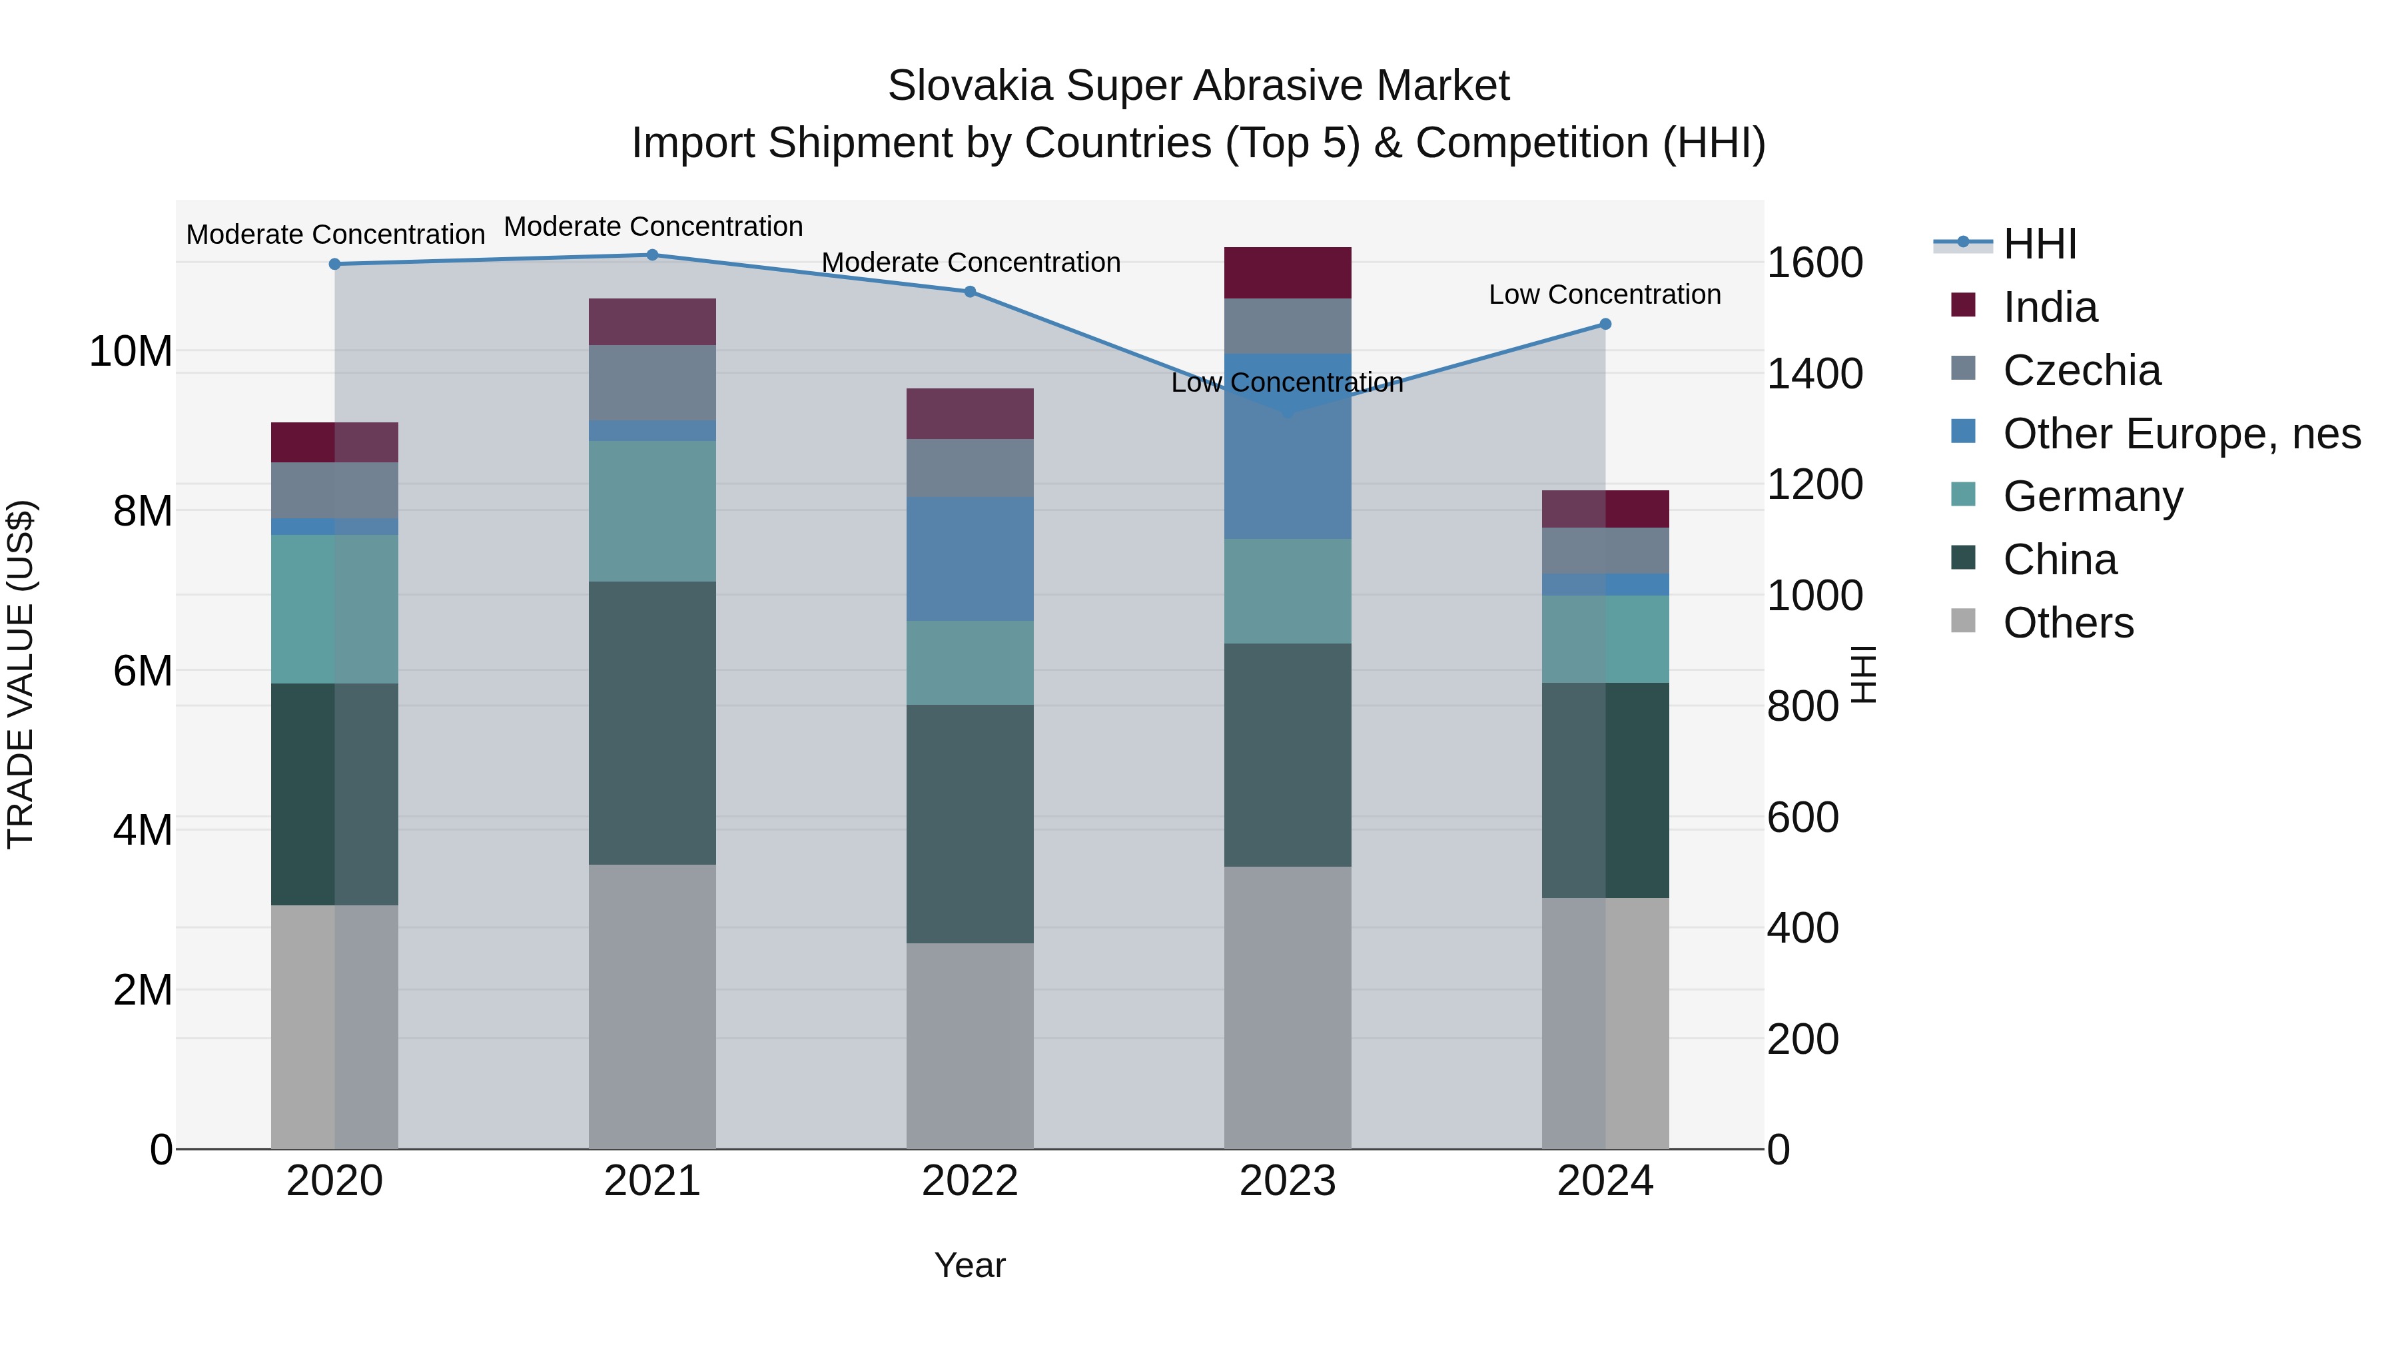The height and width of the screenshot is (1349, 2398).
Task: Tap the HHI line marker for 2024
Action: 1605,324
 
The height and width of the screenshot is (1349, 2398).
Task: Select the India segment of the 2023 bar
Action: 1288,272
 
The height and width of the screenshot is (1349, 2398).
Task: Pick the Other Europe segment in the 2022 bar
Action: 969,559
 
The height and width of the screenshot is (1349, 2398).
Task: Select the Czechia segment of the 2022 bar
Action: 969,468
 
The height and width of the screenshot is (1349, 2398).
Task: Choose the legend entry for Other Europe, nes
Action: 2181,434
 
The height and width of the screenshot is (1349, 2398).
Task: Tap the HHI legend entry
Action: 2039,244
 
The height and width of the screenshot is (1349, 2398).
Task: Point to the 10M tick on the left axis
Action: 131,352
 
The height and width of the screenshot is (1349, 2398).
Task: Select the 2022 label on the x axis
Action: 969,1181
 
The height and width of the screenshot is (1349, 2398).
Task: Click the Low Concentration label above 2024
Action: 1604,294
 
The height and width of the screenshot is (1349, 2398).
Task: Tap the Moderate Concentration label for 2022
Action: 970,262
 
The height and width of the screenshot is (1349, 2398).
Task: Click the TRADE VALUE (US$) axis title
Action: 21,674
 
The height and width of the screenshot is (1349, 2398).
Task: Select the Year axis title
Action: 969,1265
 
